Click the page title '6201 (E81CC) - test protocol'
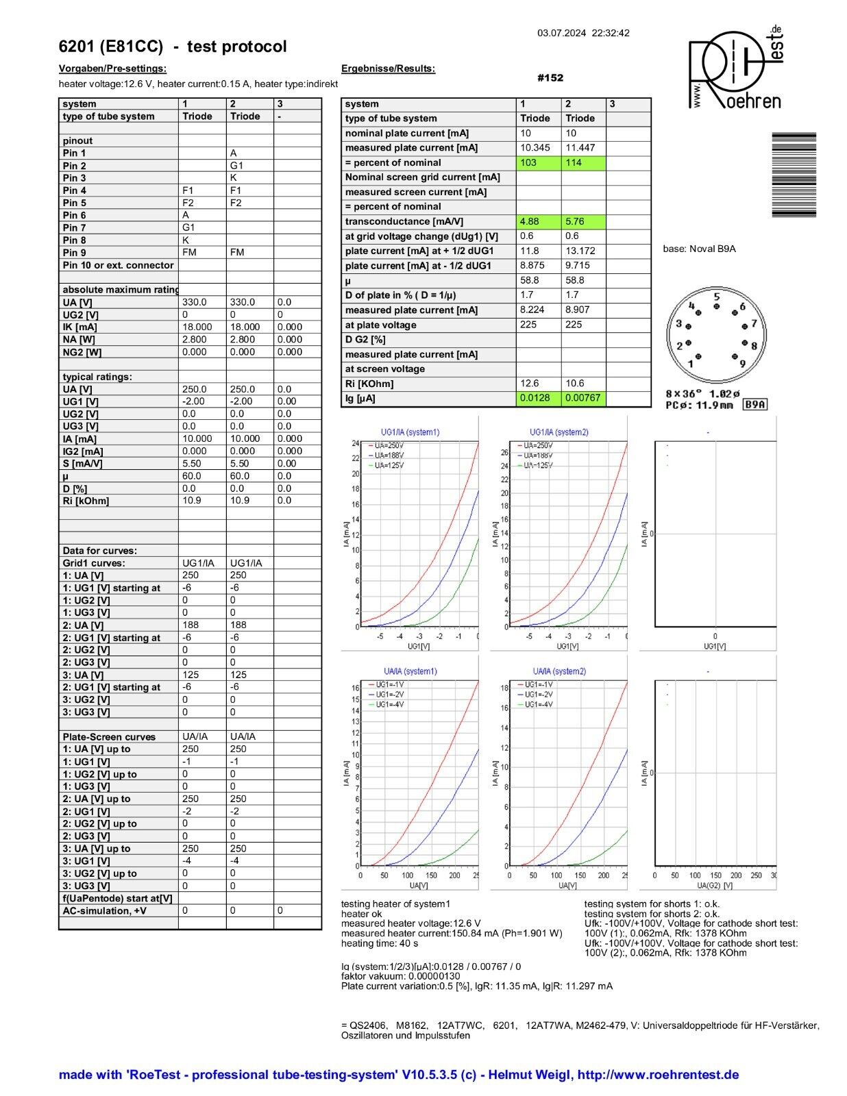173,47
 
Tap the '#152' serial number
550,77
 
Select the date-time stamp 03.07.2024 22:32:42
583,33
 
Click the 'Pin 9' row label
75,253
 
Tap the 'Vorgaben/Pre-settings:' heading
112,68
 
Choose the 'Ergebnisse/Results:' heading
388,68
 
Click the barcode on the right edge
794,175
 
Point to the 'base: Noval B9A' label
699,249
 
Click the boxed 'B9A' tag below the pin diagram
754,405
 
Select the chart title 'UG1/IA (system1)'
410,432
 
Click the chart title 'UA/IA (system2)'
559,671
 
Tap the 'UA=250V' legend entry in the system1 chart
389,446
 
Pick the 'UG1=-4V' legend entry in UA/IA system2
539,704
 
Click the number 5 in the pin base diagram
717,297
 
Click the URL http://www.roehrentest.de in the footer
658,1075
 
